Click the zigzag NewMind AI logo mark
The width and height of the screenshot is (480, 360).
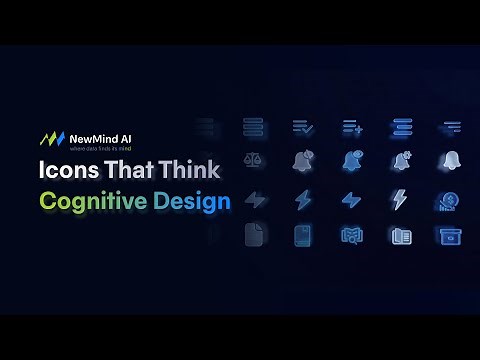[51, 138]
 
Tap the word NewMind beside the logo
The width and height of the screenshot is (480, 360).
[92, 136]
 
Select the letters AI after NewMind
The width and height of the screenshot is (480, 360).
[130, 136]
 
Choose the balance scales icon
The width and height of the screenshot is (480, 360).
[253, 161]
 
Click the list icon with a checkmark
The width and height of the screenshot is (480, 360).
[303, 127]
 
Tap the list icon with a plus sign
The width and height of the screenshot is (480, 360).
[352, 127]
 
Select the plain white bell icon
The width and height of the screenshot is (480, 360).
[449, 161]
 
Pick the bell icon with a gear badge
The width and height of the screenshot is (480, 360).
[401, 161]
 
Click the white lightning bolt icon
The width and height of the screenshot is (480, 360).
[400, 199]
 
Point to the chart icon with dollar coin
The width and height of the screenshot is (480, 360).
[449, 200]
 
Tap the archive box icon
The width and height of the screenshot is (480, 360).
[449, 236]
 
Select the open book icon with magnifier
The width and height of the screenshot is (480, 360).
[400, 236]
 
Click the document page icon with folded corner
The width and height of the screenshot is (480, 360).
[253, 236]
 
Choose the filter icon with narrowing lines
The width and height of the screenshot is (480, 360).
[449, 127]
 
